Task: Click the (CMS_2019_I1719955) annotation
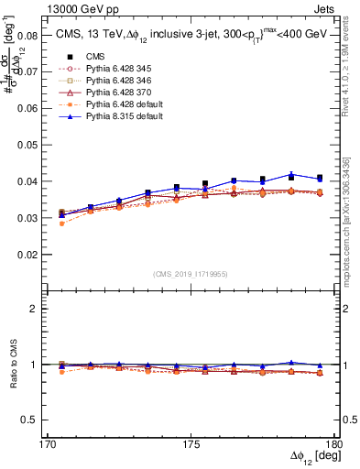tap(190, 273)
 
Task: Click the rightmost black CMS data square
tap(320, 178)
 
